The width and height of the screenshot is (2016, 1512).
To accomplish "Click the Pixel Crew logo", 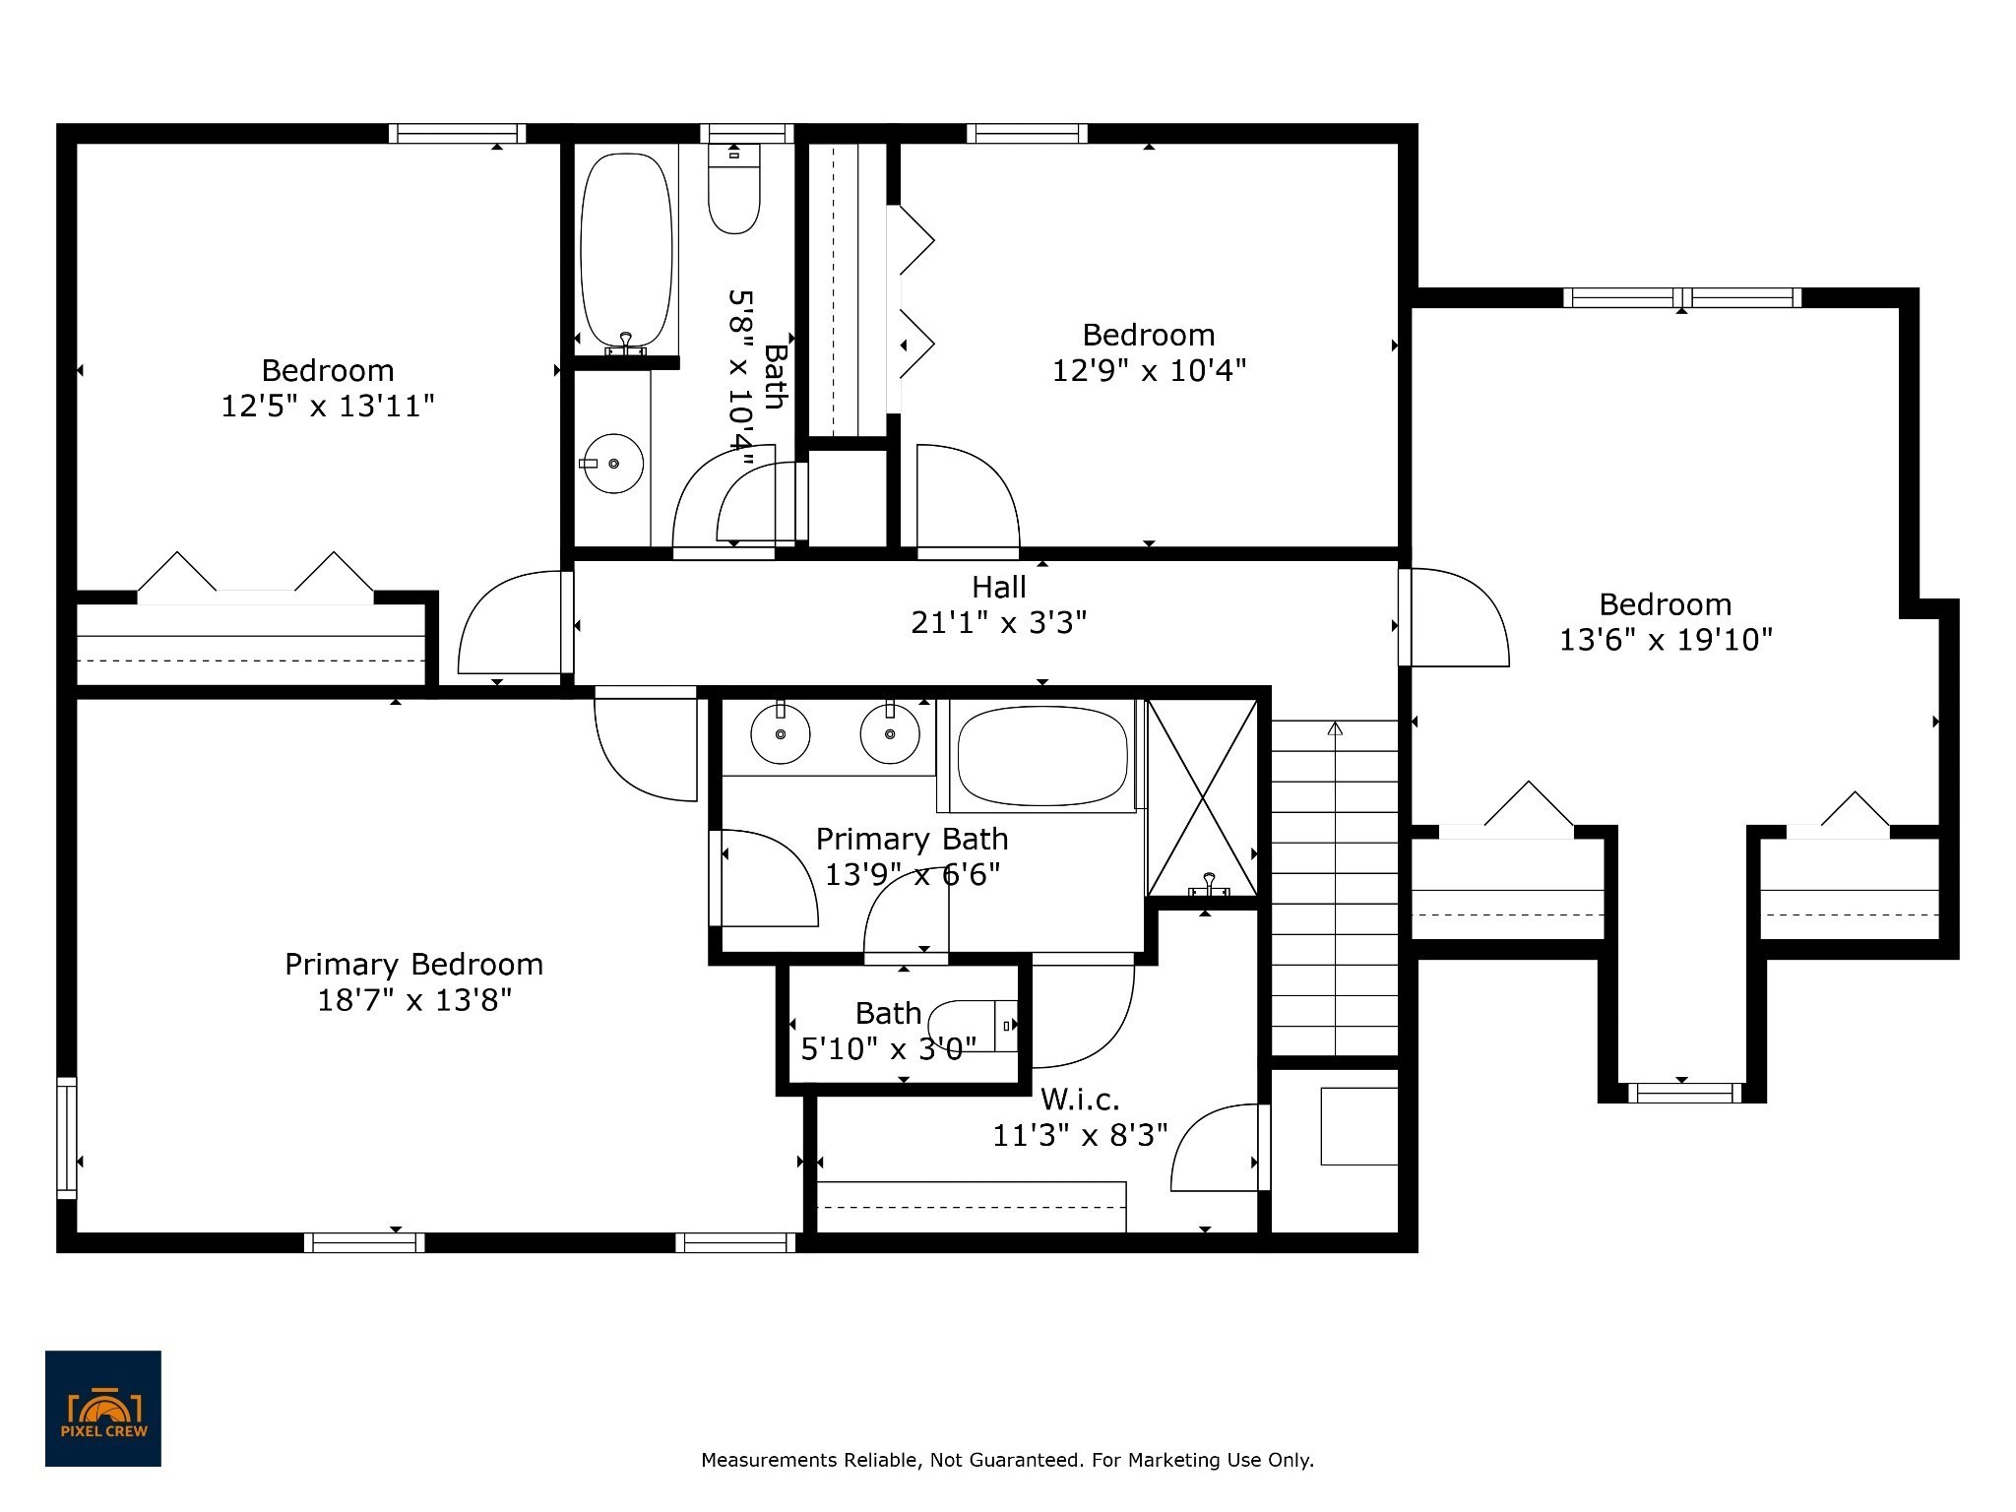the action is pyautogui.click(x=103, y=1409).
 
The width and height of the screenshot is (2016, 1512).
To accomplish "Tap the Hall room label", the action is pyautogui.click(x=999, y=588).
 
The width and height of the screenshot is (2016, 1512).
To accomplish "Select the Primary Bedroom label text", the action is pyautogui.click(x=413, y=965).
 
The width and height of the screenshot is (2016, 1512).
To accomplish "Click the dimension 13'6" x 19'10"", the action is pyautogui.click(x=1666, y=641).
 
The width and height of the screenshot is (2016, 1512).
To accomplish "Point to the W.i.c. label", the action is pyautogui.click(x=1080, y=1099).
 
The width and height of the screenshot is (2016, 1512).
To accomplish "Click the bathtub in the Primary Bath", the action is pyautogui.click(x=1042, y=756).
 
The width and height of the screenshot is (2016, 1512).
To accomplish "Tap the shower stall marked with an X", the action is pyautogui.click(x=1203, y=798).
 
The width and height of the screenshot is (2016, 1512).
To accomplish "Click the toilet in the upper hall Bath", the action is pyautogui.click(x=734, y=188).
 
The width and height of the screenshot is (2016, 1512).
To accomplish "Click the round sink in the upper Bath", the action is pyautogui.click(x=613, y=463).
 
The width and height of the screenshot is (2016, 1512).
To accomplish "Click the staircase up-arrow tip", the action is pyautogui.click(x=1335, y=724).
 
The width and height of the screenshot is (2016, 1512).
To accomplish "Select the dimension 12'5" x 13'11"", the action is pyautogui.click(x=328, y=407).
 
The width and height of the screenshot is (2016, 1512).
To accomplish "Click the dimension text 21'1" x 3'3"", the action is pyautogui.click(x=999, y=623).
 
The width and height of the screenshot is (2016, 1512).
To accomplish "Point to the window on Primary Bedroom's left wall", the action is pyautogui.click(x=66, y=1138).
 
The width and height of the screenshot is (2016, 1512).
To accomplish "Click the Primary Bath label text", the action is pyautogui.click(x=913, y=840).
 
